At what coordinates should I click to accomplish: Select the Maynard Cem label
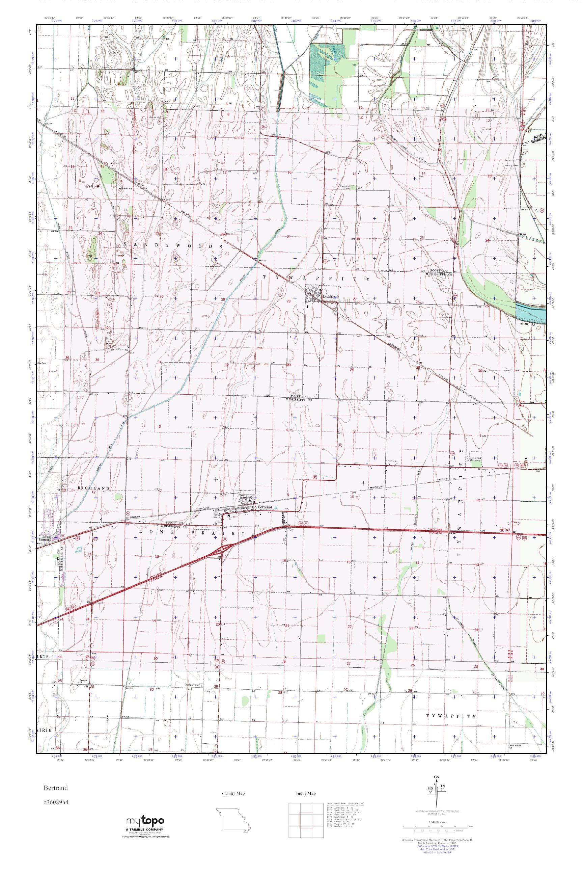(x=345, y=187)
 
